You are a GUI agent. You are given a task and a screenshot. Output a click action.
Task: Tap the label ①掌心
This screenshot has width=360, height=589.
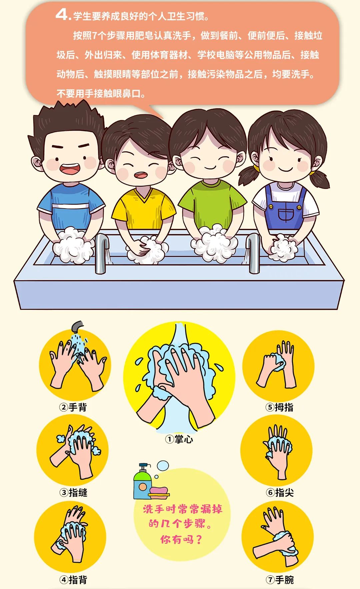coord(179,439)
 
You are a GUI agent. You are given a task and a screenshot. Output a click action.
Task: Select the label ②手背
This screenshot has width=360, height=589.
coord(73,407)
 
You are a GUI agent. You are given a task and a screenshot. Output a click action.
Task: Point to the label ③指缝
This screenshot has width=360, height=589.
coord(73,492)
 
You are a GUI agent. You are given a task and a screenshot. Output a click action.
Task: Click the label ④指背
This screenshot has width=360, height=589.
coord(73,580)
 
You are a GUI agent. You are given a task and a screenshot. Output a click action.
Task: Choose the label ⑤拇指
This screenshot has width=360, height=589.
coord(279,407)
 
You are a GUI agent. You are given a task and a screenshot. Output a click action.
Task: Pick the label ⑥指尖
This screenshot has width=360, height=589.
coord(280,492)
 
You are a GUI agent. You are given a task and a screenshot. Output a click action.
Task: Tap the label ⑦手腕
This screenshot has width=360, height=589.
coord(280,580)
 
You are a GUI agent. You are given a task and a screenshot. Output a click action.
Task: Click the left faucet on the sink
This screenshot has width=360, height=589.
coord(102,253)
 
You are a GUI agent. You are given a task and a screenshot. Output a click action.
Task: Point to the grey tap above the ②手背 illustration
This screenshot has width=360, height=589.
coord(78,326)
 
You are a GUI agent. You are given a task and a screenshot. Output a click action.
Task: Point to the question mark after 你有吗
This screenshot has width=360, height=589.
coord(199,539)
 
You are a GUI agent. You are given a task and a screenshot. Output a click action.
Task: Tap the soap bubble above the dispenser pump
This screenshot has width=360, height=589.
coord(163,466)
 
